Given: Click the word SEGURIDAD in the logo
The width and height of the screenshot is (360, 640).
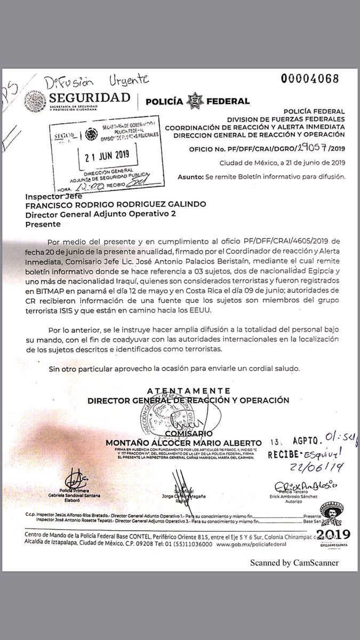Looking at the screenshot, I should (90, 98).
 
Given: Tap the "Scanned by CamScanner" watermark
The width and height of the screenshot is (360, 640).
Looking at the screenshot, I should (294, 563).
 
